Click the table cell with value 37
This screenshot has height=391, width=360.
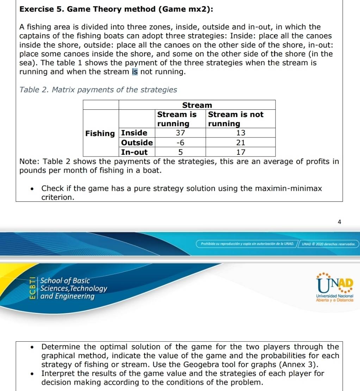(180, 133)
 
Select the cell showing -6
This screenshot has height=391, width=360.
(180, 142)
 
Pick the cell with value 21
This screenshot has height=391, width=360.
(241, 142)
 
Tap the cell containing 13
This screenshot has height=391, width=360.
(241, 133)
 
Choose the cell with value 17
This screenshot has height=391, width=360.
(241, 152)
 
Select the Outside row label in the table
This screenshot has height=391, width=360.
(137, 142)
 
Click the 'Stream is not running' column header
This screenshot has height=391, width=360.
(236, 119)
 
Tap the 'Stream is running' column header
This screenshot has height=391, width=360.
(177, 119)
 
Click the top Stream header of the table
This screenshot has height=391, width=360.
(197, 105)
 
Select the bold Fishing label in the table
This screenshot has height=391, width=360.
(100, 133)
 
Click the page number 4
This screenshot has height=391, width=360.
(339, 222)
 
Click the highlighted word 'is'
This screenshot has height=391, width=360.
(135, 72)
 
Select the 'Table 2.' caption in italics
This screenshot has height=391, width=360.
(34, 90)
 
